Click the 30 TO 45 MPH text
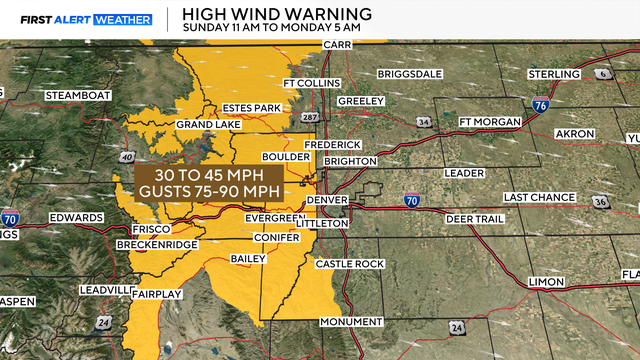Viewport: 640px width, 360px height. [x=210, y=172]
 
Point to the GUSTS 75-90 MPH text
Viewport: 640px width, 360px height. [x=210, y=189]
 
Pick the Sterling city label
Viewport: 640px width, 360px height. [x=551, y=74]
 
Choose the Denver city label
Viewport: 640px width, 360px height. [x=326, y=200]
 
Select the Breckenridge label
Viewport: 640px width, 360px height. [x=154, y=245]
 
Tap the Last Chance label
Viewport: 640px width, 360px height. [x=539, y=197]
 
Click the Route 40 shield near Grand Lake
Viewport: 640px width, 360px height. [x=128, y=156]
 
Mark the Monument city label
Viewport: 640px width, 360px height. [x=351, y=321]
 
